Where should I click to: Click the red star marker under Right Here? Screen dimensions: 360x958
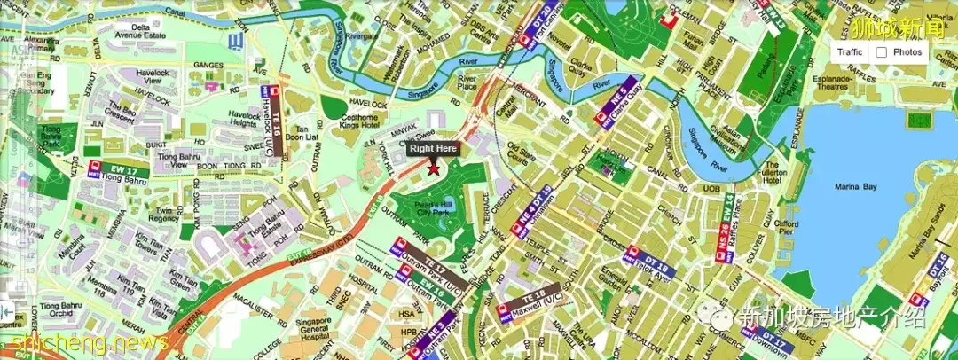coord(434,170)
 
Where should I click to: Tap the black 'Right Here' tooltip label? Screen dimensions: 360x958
coord(433,148)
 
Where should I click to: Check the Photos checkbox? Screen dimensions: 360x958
coord(882,52)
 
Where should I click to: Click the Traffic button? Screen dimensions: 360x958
coord(849,52)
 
